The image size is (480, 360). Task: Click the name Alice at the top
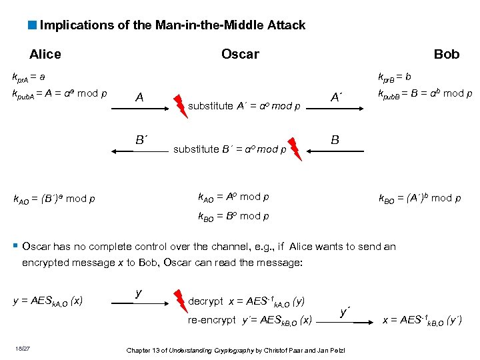(x=45, y=55)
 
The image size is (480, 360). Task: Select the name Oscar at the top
(x=240, y=55)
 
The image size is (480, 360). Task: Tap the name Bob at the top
(x=446, y=55)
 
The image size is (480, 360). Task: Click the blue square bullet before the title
(x=33, y=26)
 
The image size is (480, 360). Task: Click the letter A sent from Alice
(x=139, y=98)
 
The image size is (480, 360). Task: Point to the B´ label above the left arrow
(x=141, y=141)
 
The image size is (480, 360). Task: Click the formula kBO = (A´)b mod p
(x=419, y=198)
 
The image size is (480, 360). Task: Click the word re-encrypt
(x=211, y=320)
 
